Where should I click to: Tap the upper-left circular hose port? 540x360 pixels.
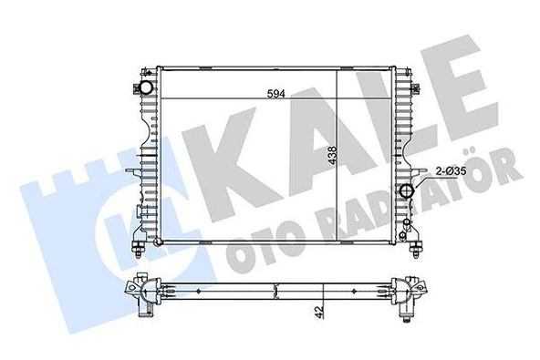[146, 88]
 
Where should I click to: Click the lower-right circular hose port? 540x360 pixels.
[407, 191]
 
